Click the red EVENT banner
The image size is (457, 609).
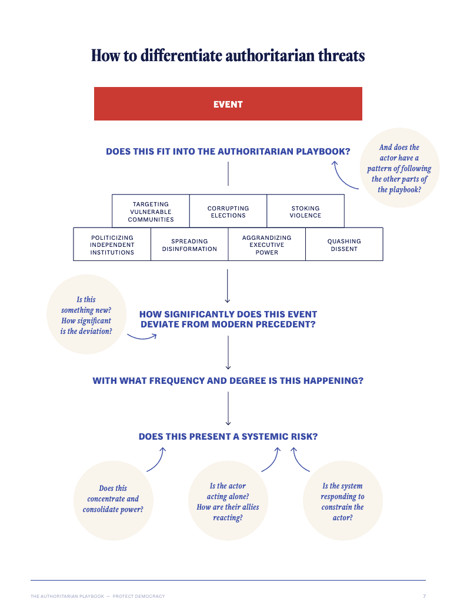pos(228,104)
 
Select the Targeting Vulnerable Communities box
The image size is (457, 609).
pos(151,212)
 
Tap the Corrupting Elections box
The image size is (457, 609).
pos(228,212)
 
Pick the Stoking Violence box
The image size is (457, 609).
pos(305,212)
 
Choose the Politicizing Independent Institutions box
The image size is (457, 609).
pos(112,245)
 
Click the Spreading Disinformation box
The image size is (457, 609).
pos(189,245)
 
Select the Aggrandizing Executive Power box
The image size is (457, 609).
pos(266,245)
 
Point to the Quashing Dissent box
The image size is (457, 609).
pos(344,245)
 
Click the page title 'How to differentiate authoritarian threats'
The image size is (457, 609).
pos(228,56)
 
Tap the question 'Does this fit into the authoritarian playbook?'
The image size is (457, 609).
pos(228,152)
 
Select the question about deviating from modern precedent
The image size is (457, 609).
pos(228,319)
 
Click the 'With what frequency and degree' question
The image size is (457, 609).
pos(228,381)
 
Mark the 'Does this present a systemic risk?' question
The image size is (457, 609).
pos(228,437)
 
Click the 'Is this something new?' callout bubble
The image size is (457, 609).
pos(86,315)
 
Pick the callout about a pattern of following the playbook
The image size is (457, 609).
pos(399,169)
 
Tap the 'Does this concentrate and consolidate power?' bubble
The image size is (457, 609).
pos(113,499)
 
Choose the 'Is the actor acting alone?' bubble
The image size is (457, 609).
pos(228,501)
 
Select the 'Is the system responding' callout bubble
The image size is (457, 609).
pos(342,501)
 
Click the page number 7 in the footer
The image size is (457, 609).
pos(424,596)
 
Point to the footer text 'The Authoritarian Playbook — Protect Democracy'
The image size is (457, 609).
pos(98,596)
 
